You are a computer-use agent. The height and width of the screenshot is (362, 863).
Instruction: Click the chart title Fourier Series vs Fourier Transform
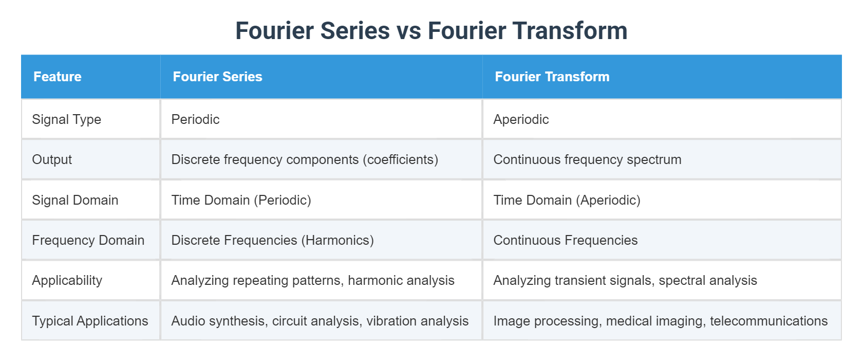pos(431,31)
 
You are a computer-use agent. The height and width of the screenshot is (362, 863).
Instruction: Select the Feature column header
pos(58,77)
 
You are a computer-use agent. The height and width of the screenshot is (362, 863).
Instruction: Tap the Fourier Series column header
pos(217,77)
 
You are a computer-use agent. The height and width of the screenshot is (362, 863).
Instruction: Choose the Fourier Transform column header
pos(552,77)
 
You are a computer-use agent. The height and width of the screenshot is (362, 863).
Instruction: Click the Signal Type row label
pos(66,119)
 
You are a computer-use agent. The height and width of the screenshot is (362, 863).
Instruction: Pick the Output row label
pos(52,159)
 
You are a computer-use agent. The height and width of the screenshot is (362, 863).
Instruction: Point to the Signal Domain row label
pos(75,200)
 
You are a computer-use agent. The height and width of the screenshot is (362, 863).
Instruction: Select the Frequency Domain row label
pos(88,240)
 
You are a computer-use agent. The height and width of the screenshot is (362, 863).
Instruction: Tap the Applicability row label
pos(67,280)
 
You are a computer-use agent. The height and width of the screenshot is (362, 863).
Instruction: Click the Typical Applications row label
pos(90,321)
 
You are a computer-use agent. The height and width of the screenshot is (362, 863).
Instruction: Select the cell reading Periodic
pos(195,119)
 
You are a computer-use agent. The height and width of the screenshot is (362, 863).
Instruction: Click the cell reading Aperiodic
pos(521,119)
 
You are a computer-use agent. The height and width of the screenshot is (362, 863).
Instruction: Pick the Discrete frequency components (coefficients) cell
pos(305,159)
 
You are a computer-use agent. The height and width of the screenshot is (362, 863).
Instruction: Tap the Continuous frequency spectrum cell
pos(587,159)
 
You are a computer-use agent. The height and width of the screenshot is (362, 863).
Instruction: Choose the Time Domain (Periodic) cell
pos(241,200)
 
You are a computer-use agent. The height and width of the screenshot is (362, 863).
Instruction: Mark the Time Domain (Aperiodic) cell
pos(567,200)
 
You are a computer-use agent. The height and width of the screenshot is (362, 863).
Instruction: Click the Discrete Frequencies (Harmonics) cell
pos(272,240)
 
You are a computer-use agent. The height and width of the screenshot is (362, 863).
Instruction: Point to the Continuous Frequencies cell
pos(565,240)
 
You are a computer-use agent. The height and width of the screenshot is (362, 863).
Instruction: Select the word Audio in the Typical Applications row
pos(186,321)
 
